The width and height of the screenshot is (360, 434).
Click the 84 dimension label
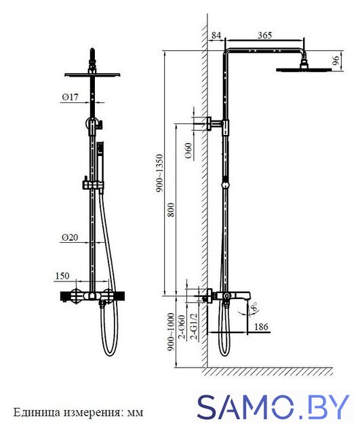pos(216,35)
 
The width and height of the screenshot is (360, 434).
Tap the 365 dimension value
pos(265,35)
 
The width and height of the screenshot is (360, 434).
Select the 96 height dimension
pos(336,60)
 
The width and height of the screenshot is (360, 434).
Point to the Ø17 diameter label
pos(70,97)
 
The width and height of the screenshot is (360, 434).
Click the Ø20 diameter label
pos(70,237)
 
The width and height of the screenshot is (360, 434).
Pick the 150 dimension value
pos(62,276)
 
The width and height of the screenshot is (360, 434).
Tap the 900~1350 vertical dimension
pos(159,174)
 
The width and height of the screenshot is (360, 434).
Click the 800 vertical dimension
pos(172,210)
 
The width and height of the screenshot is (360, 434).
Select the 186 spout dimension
pos(261,327)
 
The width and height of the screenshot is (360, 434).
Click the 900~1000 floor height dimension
pos(172,332)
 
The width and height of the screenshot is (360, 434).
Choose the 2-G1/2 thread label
pos(195,326)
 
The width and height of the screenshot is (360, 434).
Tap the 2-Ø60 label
pos(182,327)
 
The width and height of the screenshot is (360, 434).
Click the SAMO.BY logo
pos(273,407)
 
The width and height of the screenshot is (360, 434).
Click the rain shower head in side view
pos(304,67)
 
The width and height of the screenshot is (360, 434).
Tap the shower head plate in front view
pos(92,75)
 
